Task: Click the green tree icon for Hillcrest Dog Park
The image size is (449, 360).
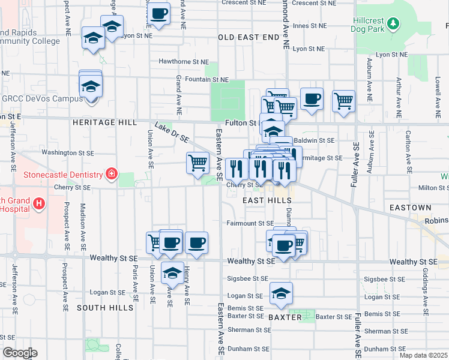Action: tap(393, 23)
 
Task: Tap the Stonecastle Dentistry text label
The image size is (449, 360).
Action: tap(62, 175)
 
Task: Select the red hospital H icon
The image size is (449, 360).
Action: tap(40, 204)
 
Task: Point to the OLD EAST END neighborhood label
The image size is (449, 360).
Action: tap(249, 37)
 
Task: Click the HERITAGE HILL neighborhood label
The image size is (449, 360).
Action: tap(104, 122)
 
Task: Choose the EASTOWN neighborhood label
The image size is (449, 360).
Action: tap(411, 208)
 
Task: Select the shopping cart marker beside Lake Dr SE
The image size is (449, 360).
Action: tap(198, 163)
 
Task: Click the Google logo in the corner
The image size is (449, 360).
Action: tap(19, 353)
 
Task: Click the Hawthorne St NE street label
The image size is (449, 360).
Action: tap(184, 62)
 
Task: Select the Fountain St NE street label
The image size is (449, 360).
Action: tap(206, 79)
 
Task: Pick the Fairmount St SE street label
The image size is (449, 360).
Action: tap(250, 223)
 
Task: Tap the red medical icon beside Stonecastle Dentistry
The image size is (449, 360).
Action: tap(111, 175)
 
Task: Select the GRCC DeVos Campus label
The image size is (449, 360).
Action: tap(41, 98)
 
